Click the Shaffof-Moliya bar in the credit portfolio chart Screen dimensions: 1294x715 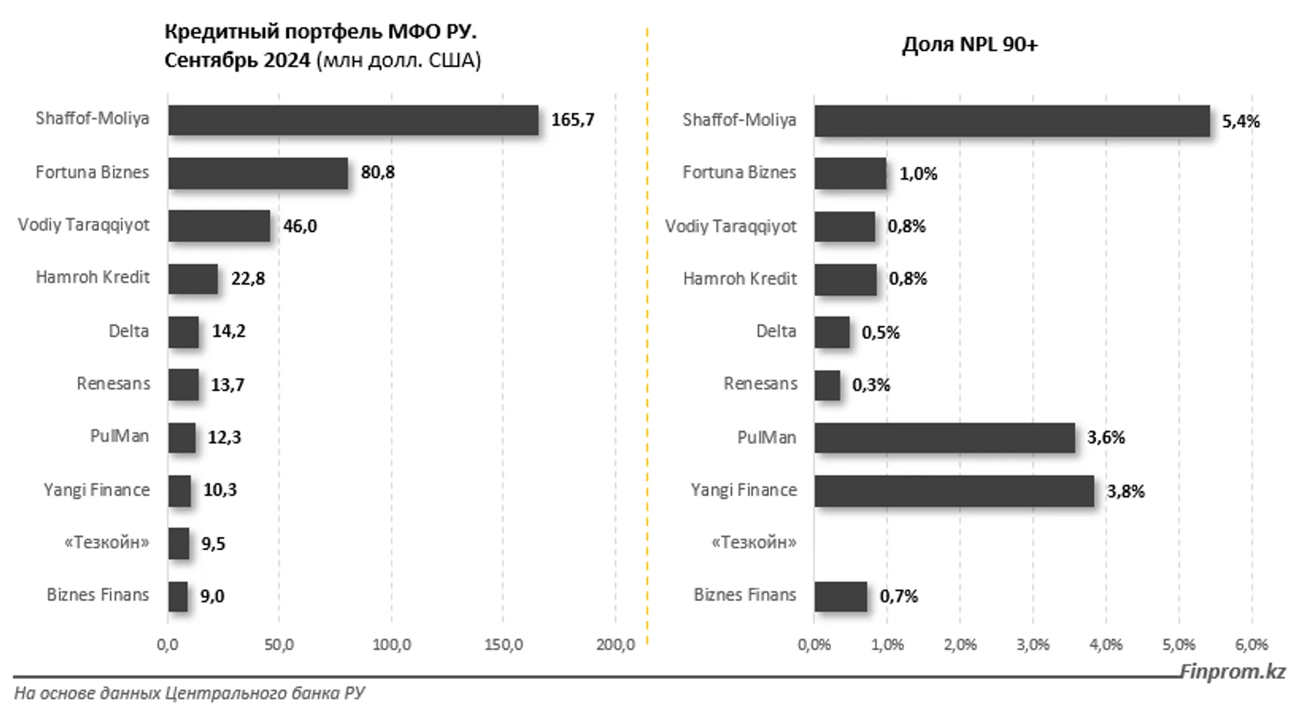coord(353,120)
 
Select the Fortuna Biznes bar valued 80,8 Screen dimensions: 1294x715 coord(258,173)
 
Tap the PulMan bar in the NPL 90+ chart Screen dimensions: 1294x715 coord(945,438)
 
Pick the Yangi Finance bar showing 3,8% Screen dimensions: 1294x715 coord(954,491)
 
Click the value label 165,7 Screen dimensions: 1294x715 coord(573,120)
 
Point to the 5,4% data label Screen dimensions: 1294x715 coord(1241,122)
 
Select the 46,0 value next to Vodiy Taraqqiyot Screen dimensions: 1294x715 coord(300,226)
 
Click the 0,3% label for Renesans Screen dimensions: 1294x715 coord(871,385)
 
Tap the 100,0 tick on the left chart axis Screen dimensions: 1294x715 coord(392,645)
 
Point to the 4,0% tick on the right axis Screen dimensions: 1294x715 coord(1106,645)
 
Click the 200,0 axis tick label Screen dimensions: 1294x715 coord(615,645)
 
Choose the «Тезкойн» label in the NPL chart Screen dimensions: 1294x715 coord(754,542)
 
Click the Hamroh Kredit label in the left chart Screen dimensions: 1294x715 coord(93,277)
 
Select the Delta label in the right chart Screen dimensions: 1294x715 coord(776,331)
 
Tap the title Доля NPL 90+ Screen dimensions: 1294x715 coord(970,44)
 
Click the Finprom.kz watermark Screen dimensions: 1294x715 coord(1233,672)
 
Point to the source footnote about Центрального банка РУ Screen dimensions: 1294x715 coord(189,693)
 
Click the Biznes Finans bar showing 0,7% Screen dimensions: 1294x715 coord(841,596)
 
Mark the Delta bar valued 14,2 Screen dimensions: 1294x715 coord(183,332)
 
